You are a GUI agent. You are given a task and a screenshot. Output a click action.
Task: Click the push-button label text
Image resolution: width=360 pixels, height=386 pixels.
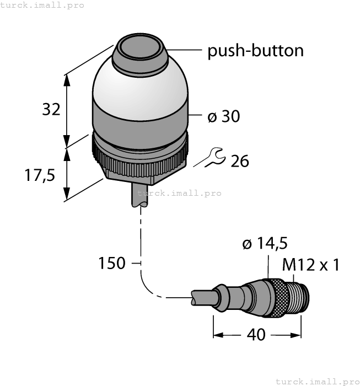(x=255, y=51)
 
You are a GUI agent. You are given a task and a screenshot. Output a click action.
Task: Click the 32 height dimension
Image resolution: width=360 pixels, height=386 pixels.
(x=51, y=109)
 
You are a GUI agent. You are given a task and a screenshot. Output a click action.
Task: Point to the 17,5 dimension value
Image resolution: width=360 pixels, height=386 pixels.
(x=40, y=175)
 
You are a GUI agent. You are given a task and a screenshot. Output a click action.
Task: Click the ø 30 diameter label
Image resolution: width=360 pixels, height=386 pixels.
(x=223, y=116)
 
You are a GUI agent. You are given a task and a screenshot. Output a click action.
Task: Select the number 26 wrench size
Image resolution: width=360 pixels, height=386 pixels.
(x=240, y=161)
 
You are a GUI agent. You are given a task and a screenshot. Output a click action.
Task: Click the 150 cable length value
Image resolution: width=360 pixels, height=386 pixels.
(x=112, y=264)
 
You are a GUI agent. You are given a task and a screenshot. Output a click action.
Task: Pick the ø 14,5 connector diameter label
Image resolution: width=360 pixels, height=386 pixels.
(x=265, y=243)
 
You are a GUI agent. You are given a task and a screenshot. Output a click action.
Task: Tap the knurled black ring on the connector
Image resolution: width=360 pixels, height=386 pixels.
(x=276, y=298)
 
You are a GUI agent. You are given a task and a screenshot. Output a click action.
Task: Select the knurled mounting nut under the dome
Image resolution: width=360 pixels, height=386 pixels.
(x=142, y=159)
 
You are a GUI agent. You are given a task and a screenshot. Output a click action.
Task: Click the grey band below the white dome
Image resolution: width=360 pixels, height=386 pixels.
(x=140, y=122)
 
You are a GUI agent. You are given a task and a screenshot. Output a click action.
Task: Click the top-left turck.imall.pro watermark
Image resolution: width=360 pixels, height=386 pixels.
(x=42, y=5)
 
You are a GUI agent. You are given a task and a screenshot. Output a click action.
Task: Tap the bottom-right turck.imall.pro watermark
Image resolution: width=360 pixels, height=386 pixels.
(x=316, y=381)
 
